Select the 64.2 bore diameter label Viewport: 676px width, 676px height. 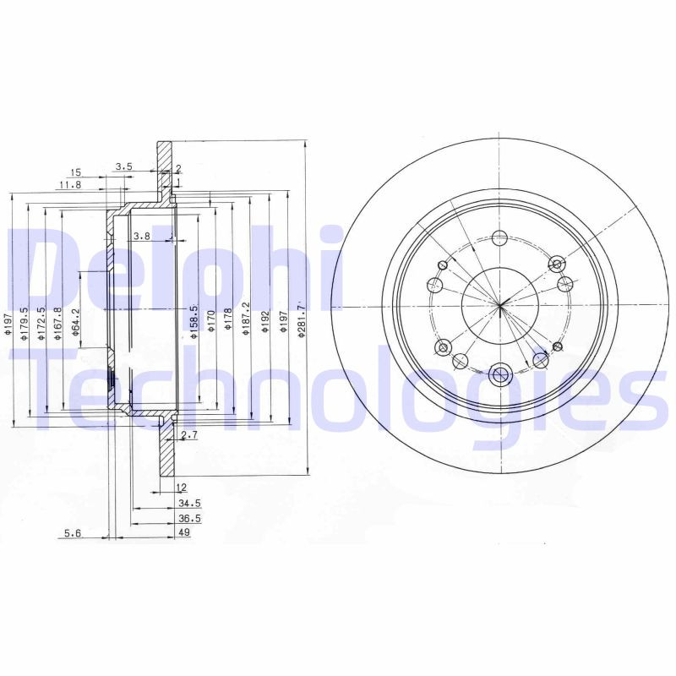click(75, 324)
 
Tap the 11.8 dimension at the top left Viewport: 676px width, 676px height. click(70, 184)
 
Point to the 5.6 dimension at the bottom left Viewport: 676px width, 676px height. click(74, 533)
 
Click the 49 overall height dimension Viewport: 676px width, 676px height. click(183, 533)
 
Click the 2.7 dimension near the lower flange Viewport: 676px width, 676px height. click(189, 435)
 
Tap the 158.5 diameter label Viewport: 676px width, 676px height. click(194, 322)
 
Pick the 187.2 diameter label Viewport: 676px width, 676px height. click(245, 319)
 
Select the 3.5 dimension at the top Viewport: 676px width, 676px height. click(124, 167)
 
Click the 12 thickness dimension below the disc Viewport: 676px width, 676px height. click(181, 488)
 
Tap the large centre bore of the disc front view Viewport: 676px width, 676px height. click(499, 305)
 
